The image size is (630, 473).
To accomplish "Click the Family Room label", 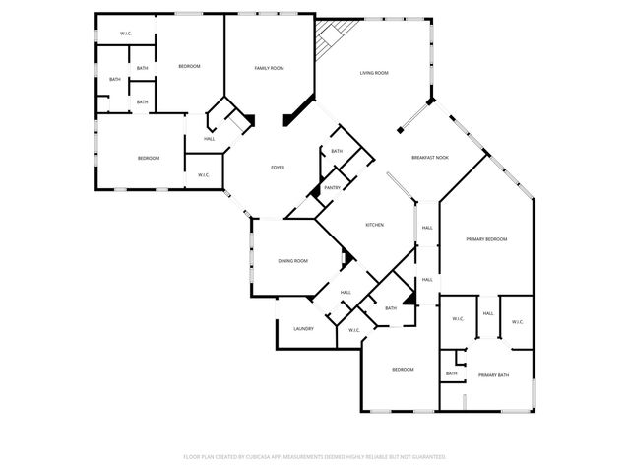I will click(269, 68).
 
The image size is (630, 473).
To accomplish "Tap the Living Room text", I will click(373, 73).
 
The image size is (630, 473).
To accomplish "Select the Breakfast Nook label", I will click(429, 158).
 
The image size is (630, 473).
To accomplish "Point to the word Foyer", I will click(278, 168).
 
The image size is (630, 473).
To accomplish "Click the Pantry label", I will click(332, 187).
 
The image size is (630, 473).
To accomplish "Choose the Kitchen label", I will click(374, 225).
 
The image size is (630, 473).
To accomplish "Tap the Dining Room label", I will click(292, 261).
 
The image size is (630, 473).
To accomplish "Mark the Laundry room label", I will click(303, 328).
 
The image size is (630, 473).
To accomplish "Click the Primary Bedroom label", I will click(486, 239).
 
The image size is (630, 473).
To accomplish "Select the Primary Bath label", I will click(492, 375).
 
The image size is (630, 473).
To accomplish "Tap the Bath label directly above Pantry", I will click(337, 151).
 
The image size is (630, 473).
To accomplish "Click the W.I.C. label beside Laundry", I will click(353, 330).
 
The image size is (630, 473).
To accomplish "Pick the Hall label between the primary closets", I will click(487, 313).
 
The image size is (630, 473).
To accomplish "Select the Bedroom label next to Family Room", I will click(189, 66).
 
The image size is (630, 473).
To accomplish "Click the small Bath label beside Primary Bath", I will click(451, 373).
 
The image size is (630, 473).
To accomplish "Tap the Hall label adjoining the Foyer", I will click(209, 139).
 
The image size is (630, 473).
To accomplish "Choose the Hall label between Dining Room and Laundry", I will click(346, 293).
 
